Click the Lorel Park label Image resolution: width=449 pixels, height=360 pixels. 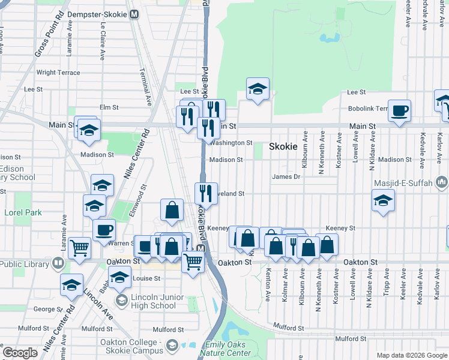point(23,212)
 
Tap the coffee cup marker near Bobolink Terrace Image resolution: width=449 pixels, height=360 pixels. point(399,111)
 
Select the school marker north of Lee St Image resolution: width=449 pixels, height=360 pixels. point(258,89)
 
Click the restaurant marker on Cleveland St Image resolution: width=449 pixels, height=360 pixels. point(206,194)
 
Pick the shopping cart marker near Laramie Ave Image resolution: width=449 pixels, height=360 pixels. point(79,248)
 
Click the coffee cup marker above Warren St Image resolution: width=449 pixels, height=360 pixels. point(104,230)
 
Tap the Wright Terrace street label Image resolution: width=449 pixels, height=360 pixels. point(58,73)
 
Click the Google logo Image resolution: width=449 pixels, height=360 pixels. point(20,353)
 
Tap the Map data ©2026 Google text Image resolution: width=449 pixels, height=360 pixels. point(412,355)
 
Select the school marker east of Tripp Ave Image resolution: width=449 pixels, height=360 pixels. point(382,201)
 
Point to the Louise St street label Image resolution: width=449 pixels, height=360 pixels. point(146,278)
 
